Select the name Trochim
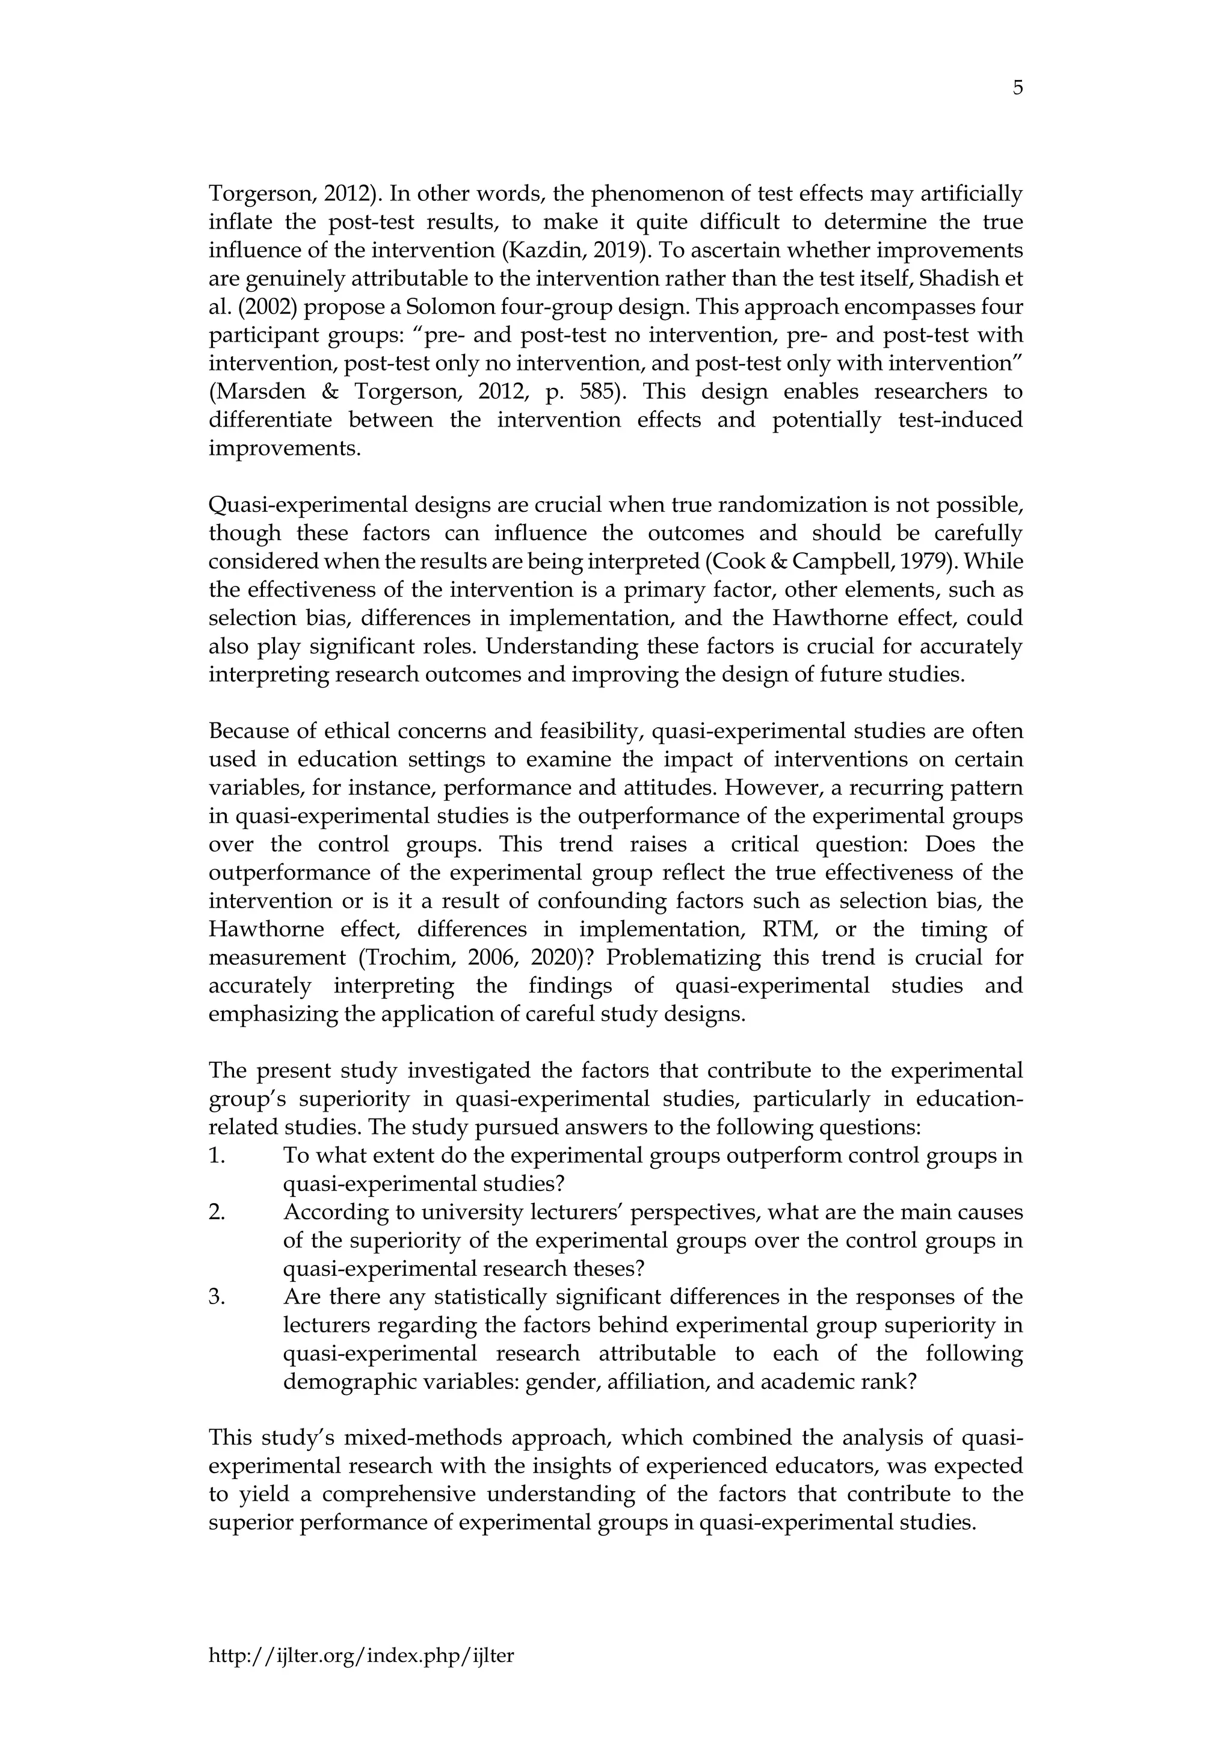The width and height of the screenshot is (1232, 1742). click(x=411, y=958)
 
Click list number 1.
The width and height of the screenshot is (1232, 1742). click(x=217, y=1156)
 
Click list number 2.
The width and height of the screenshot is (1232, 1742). click(x=217, y=1213)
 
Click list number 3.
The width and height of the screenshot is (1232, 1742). click(x=217, y=1297)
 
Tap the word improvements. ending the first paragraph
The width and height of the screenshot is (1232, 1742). click(x=285, y=448)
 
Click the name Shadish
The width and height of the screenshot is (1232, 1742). click(x=965, y=279)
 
